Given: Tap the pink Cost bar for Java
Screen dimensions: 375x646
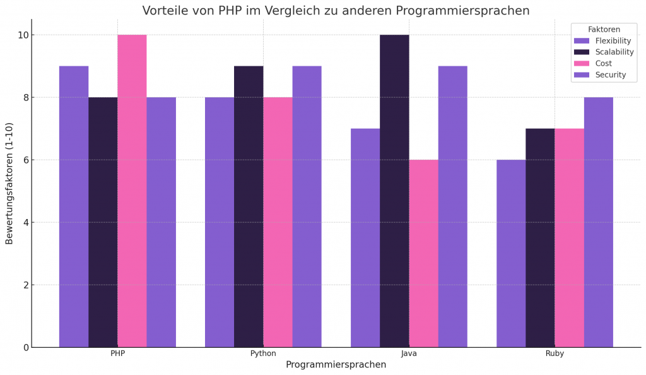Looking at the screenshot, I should tap(423, 253).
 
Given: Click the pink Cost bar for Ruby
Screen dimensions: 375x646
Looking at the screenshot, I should tap(569, 237).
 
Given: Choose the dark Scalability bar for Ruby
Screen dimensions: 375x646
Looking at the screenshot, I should tap(540, 237).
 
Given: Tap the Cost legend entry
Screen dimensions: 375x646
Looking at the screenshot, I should tap(603, 64).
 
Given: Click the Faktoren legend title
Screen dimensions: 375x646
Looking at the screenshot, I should tap(604, 29).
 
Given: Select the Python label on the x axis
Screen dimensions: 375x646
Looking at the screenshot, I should tap(263, 354).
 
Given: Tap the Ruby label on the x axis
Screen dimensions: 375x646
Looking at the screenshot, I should tap(555, 354).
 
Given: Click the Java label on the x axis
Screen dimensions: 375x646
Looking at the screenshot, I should tap(409, 354).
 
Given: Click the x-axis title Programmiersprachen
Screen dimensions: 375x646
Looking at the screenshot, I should tap(336, 365).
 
